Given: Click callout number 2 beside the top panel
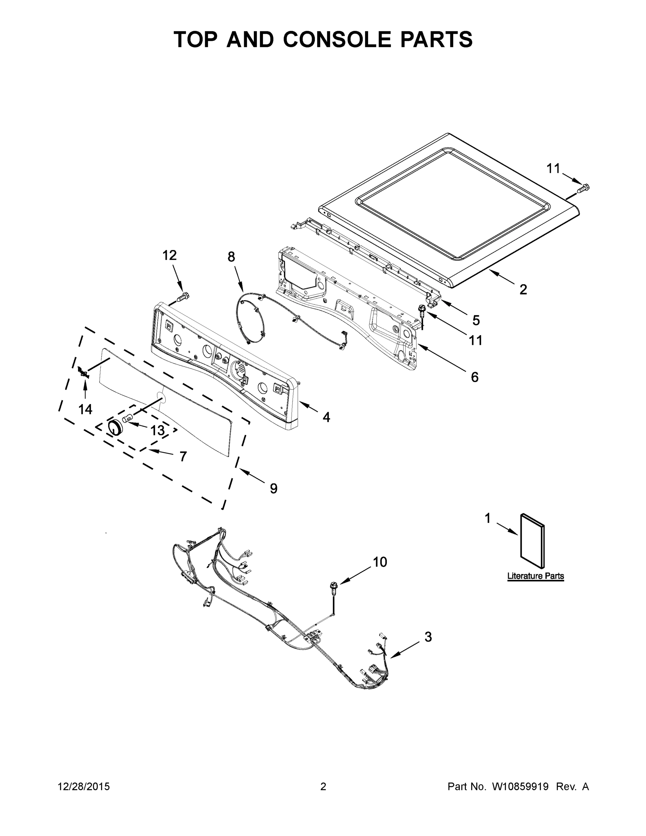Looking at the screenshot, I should (523, 289).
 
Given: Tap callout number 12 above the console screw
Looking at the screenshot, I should (170, 255).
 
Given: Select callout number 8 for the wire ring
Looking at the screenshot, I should (231, 257).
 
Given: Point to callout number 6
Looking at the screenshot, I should (474, 378).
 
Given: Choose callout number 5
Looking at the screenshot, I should (476, 320).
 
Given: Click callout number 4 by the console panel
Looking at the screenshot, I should (326, 417).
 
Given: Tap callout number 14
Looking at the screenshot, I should (85, 410).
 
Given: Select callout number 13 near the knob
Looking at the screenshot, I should (157, 430).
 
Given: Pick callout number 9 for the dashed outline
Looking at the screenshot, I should (273, 488).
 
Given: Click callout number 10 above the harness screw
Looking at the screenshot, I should (380, 562).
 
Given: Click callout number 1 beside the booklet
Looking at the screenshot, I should (487, 518).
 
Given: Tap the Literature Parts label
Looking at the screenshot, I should (535, 576).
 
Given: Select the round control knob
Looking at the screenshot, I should (115, 427).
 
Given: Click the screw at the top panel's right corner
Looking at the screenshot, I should (584, 187).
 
